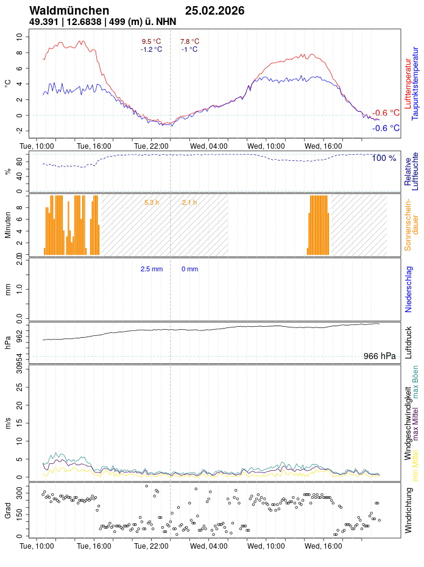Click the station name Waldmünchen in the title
(69, 10)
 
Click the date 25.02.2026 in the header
(214, 10)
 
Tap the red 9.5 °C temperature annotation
(151, 41)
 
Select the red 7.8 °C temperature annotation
(189, 41)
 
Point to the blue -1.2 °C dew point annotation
(151, 49)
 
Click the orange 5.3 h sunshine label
(152, 202)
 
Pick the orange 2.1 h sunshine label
(189, 202)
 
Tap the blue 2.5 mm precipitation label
(152, 269)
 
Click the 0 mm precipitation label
(189, 269)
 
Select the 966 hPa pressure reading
(379, 356)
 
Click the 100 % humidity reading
(384, 159)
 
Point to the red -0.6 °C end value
(386, 113)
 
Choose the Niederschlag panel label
(409, 290)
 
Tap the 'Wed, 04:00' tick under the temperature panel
(209, 146)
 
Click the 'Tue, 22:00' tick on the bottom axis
(152, 546)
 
